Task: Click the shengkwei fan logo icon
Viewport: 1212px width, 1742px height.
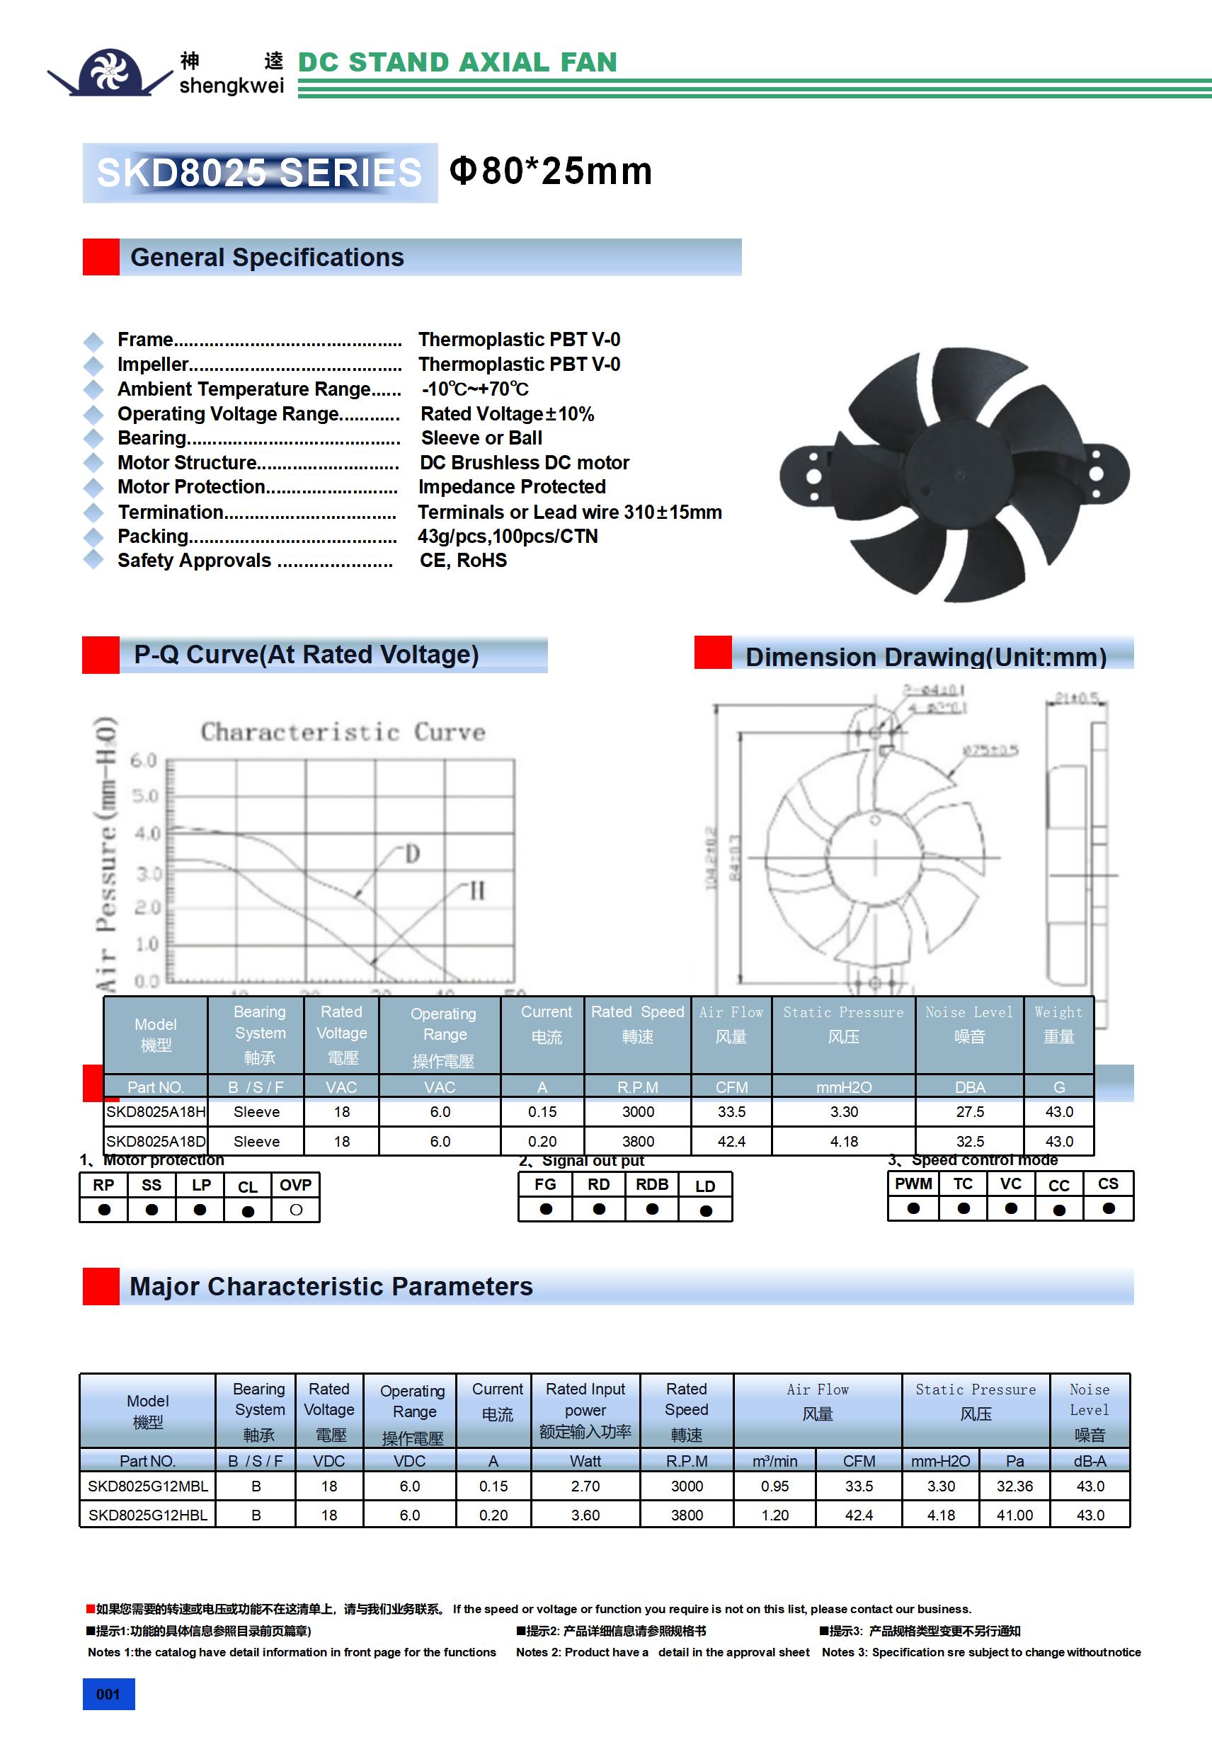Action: pyautogui.click(x=109, y=72)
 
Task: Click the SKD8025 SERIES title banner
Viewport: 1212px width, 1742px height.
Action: pyautogui.click(x=260, y=172)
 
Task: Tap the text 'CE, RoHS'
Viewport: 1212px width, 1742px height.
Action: pyautogui.click(x=463, y=561)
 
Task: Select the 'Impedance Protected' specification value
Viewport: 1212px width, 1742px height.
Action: pyautogui.click(x=512, y=487)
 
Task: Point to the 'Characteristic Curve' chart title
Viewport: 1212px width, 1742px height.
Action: pyautogui.click(x=342, y=732)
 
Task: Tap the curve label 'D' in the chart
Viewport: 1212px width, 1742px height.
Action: pyautogui.click(x=412, y=854)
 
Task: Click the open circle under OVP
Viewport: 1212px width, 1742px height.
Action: pyautogui.click(x=296, y=1210)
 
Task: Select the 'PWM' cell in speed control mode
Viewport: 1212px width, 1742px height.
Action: pyautogui.click(x=913, y=1184)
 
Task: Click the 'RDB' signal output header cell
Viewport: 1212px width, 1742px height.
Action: pyautogui.click(x=652, y=1184)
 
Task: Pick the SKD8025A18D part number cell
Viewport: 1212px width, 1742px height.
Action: pyautogui.click(x=156, y=1141)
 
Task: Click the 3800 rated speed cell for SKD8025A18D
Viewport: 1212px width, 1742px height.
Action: pyautogui.click(x=637, y=1141)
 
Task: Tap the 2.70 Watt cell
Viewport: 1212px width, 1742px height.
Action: pyautogui.click(x=585, y=1486)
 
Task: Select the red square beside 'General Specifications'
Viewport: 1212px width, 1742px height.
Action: pyautogui.click(x=101, y=257)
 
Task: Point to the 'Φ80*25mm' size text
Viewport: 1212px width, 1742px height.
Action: pyautogui.click(x=551, y=171)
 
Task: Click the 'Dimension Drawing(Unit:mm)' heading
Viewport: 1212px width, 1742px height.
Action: pyautogui.click(x=925, y=656)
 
